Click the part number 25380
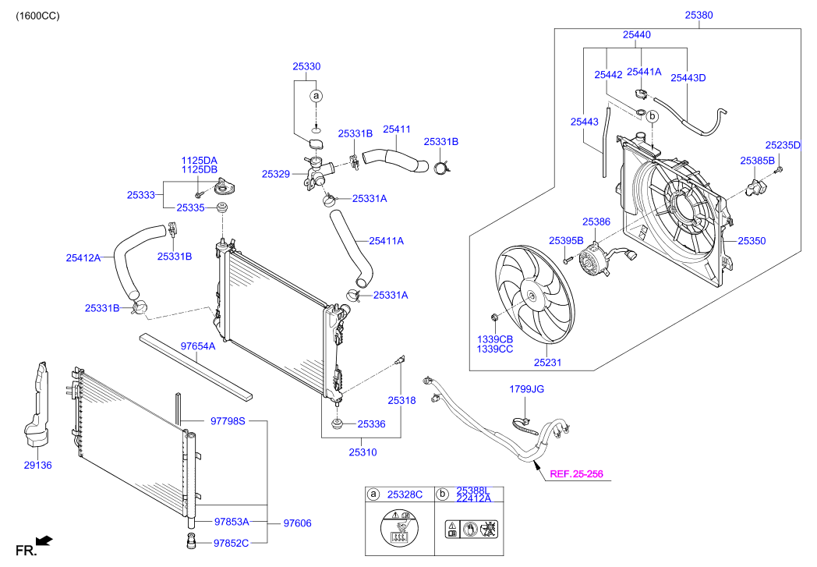click(x=699, y=15)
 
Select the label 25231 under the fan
click(x=547, y=363)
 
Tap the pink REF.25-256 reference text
click(x=575, y=473)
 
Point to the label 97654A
click(x=198, y=346)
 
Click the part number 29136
click(x=37, y=465)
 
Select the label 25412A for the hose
click(x=83, y=257)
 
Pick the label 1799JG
click(x=526, y=388)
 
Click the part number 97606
click(x=297, y=523)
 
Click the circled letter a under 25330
click(x=316, y=96)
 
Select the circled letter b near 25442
click(x=653, y=116)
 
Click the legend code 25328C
click(x=406, y=494)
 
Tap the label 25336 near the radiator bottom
click(x=371, y=424)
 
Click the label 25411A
click(x=387, y=241)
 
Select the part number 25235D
click(x=783, y=145)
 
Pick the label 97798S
click(x=228, y=421)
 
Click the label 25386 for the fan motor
click(x=596, y=222)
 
